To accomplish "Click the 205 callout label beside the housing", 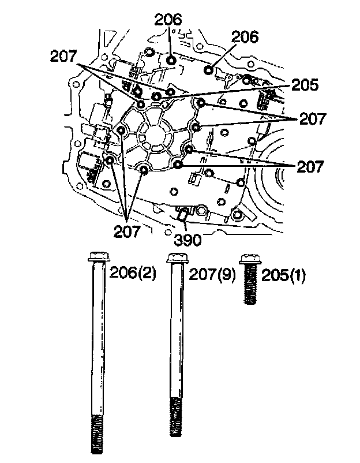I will click(305, 85).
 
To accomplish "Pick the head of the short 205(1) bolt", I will click(249, 259).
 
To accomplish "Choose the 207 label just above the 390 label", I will click(127, 232).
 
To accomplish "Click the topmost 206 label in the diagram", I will click(168, 20).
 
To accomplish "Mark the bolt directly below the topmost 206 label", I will click(171, 61).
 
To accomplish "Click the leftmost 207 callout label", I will click(63, 57).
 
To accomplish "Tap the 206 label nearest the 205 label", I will click(245, 36).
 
